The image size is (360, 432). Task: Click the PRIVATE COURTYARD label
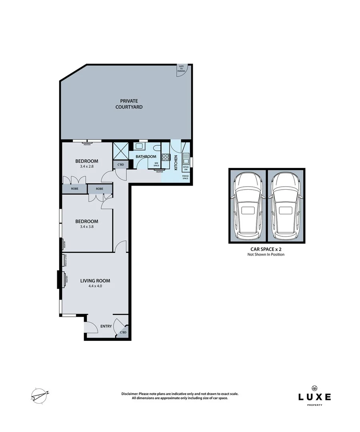pos(129,104)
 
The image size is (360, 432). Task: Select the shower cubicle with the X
pos(121,151)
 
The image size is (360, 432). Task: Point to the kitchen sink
pos(186,158)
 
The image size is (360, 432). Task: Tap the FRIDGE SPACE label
pos(186,177)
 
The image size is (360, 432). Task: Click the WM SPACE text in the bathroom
pos(156,164)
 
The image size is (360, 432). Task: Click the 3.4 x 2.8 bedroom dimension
pos(86,166)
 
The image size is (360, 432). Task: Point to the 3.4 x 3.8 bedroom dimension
pos(86,227)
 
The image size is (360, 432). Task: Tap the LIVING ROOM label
pos(95,281)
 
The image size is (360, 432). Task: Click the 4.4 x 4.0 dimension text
pos(95,286)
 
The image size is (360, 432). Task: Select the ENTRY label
pos(106,326)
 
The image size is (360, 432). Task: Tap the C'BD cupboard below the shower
pos(120,165)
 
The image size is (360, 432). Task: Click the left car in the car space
pos(247,206)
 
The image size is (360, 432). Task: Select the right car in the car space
pos(286,206)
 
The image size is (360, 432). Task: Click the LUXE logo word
pos(314,397)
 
